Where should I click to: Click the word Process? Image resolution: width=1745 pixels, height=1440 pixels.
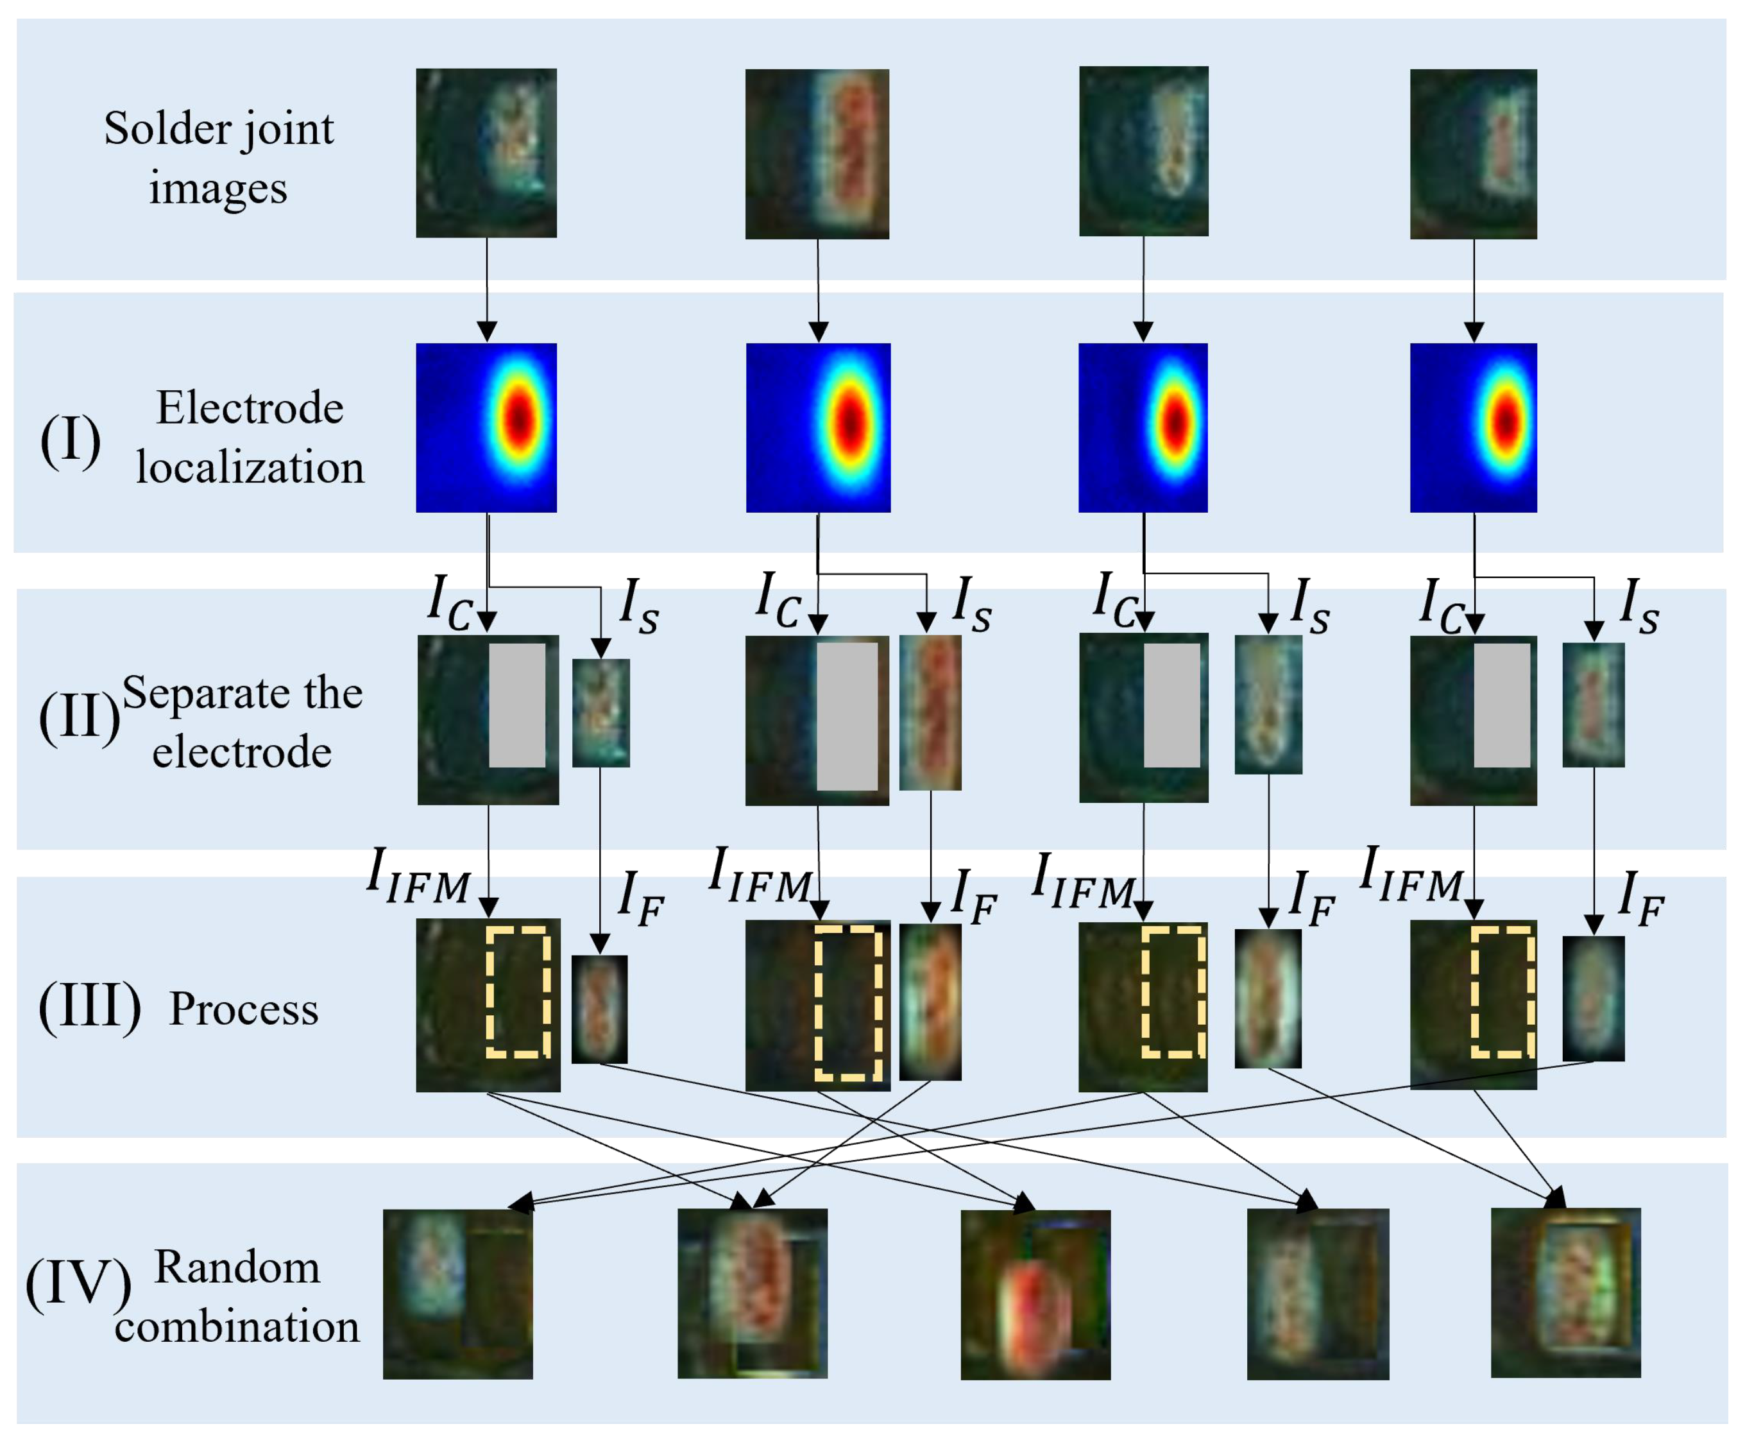244,1009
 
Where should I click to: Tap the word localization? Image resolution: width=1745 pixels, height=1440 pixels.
250,468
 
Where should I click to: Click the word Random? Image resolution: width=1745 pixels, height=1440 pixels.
237,1267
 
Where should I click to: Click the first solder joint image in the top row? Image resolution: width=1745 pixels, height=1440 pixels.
486,153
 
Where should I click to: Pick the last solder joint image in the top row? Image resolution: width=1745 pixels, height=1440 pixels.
1473,153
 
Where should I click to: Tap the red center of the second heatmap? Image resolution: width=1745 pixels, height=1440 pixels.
850,423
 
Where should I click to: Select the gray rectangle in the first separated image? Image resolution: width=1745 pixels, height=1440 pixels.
516,705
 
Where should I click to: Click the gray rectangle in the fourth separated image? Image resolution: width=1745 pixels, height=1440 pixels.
1502,705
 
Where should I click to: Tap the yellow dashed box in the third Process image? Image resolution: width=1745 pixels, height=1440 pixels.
1173,993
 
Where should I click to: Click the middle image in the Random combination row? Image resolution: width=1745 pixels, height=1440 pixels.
1035,1295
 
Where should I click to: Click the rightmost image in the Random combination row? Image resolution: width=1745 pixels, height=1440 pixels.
1566,1293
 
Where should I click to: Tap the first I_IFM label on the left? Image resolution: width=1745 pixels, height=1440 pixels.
419,877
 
